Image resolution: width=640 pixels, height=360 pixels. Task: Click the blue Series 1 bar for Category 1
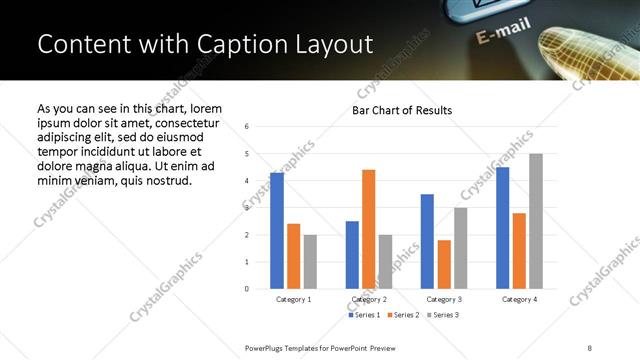click(277, 231)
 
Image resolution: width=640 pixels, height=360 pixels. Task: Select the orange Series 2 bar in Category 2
click(368, 229)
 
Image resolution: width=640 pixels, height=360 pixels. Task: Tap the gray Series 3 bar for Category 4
click(536, 221)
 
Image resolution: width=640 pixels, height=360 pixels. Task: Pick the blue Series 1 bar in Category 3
click(427, 241)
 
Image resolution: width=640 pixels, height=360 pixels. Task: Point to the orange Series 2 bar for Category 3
click(444, 264)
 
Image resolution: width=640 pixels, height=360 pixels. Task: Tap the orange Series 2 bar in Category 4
click(520, 251)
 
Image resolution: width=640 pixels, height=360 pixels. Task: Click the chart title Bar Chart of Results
click(402, 110)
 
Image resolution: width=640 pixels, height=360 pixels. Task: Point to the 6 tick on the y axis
click(247, 126)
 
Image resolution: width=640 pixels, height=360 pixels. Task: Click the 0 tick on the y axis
click(247, 289)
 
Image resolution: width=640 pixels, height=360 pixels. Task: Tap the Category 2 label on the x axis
click(368, 299)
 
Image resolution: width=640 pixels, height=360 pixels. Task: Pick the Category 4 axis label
click(520, 299)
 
